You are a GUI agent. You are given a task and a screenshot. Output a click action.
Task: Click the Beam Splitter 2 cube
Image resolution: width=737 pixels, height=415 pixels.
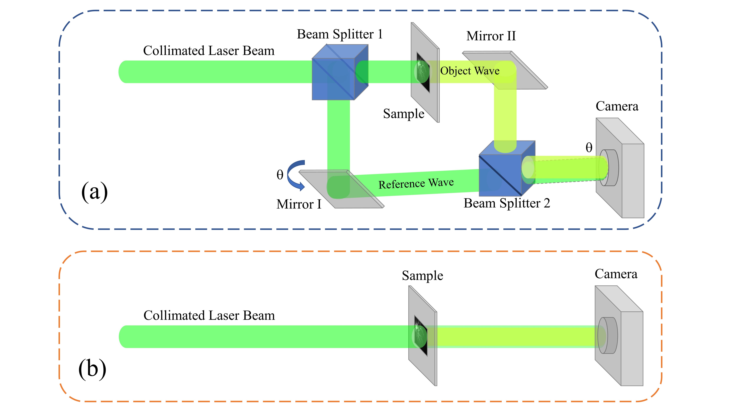506,169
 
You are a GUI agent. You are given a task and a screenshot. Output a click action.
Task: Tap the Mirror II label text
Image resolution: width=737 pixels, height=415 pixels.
491,36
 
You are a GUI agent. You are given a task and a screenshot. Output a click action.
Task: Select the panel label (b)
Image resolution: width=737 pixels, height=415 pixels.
92,369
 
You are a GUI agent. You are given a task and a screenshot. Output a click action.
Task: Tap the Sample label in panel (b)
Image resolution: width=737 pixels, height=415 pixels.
422,276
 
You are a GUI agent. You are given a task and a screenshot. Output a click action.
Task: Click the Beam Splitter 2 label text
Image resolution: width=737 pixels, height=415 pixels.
507,203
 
